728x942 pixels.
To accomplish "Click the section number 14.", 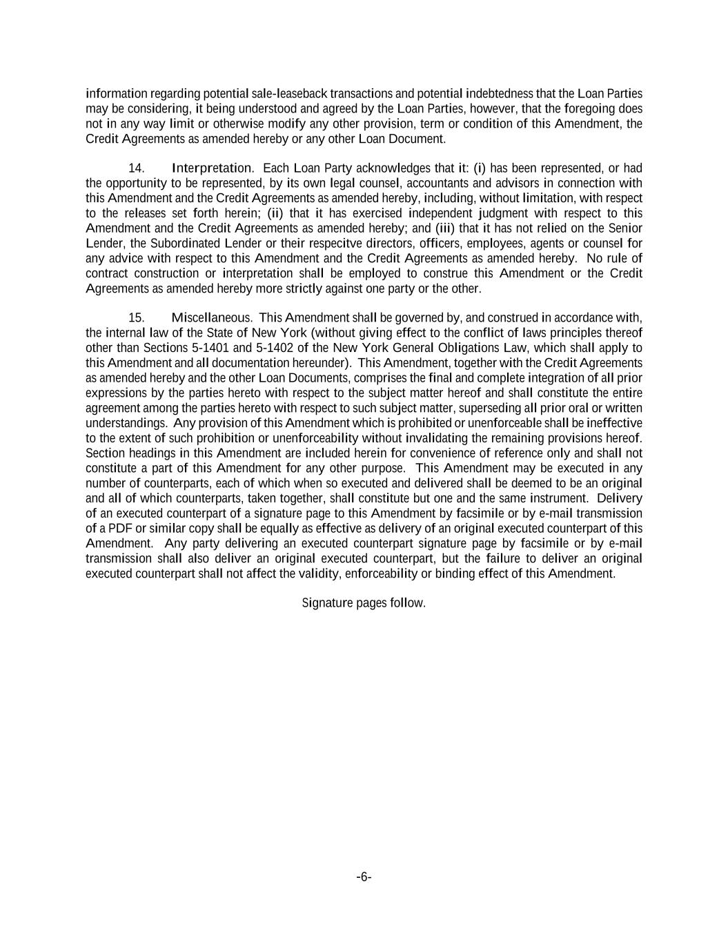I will [136, 168].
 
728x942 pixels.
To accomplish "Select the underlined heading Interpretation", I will [211, 168].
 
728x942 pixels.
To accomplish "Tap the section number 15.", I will [136, 318].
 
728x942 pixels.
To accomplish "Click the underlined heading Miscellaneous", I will [210, 318].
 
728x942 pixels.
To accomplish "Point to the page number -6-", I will [364, 877].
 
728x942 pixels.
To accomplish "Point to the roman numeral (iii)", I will [444, 228].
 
